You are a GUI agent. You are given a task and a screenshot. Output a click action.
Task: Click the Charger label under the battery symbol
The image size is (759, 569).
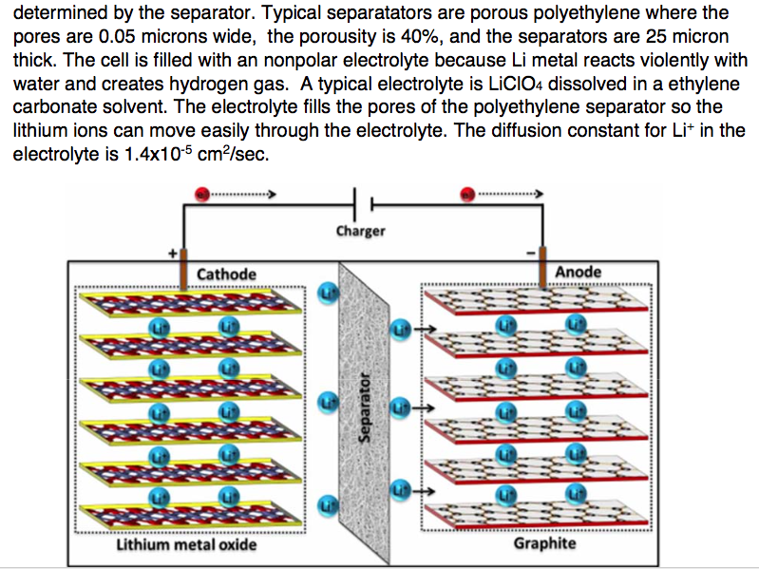(x=361, y=231)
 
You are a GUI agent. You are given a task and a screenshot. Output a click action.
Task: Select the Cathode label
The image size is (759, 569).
(x=226, y=275)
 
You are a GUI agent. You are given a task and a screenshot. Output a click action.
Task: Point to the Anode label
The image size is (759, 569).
(x=578, y=272)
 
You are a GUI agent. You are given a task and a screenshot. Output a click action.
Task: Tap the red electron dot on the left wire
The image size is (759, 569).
(x=200, y=194)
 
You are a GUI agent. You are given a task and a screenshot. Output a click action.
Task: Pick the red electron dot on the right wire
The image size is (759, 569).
(x=466, y=194)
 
